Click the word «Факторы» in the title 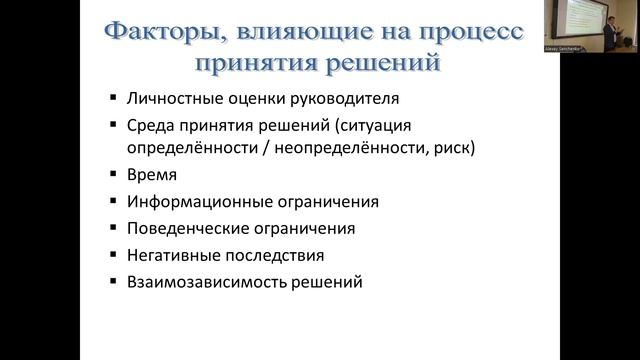160,32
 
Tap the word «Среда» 148,127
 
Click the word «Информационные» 191,201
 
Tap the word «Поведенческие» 185,228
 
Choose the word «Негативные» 171,255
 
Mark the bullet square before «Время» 113,175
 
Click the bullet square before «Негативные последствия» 113,256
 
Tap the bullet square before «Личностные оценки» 113,101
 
